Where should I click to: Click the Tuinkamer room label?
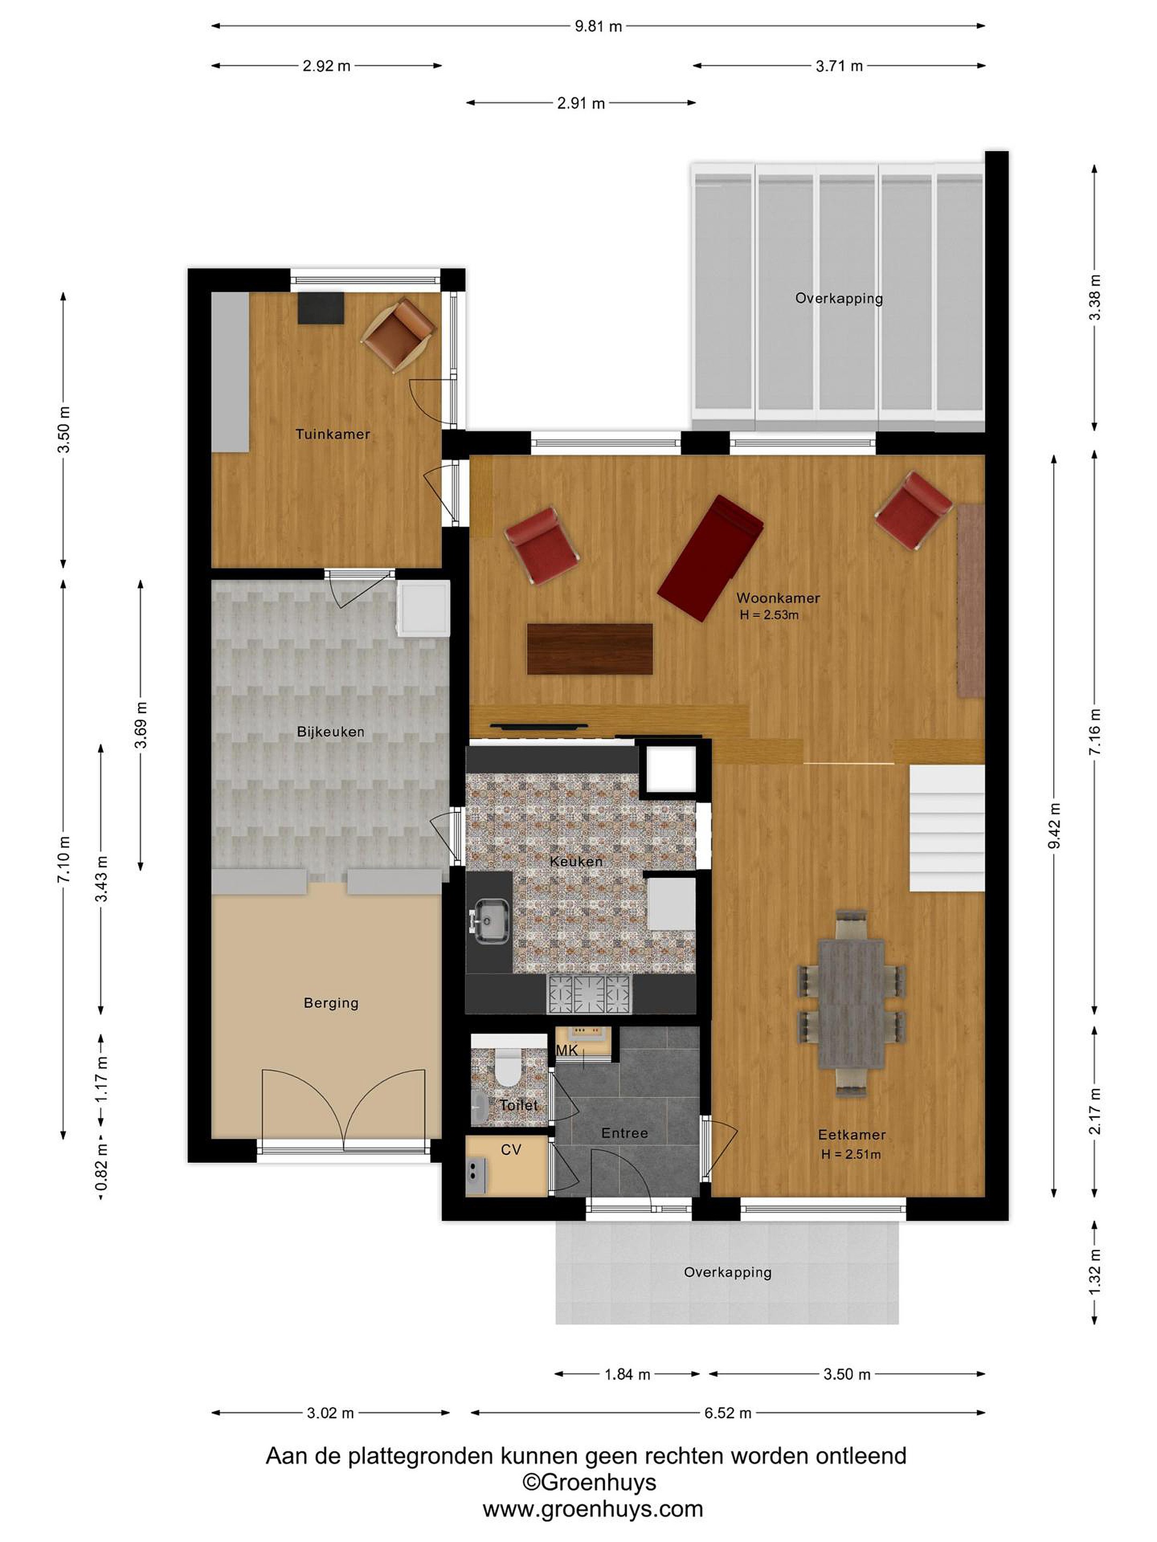point(333,434)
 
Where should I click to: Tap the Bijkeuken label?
point(330,731)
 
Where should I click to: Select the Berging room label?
point(331,1003)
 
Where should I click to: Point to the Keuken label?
point(576,861)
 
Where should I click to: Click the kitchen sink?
point(492,921)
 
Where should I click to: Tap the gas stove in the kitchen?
point(590,994)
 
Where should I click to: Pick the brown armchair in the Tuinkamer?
point(398,334)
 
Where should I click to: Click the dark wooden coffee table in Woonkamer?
point(590,649)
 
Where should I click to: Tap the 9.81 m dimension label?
point(598,26)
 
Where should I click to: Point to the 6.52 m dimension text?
point(727,1413)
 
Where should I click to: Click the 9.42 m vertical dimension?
point(1055,826)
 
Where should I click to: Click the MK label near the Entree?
point(567,1050)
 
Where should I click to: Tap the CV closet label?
point(511,1150)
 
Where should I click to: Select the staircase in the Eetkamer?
point(946,828)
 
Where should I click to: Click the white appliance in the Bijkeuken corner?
point(423,609)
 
